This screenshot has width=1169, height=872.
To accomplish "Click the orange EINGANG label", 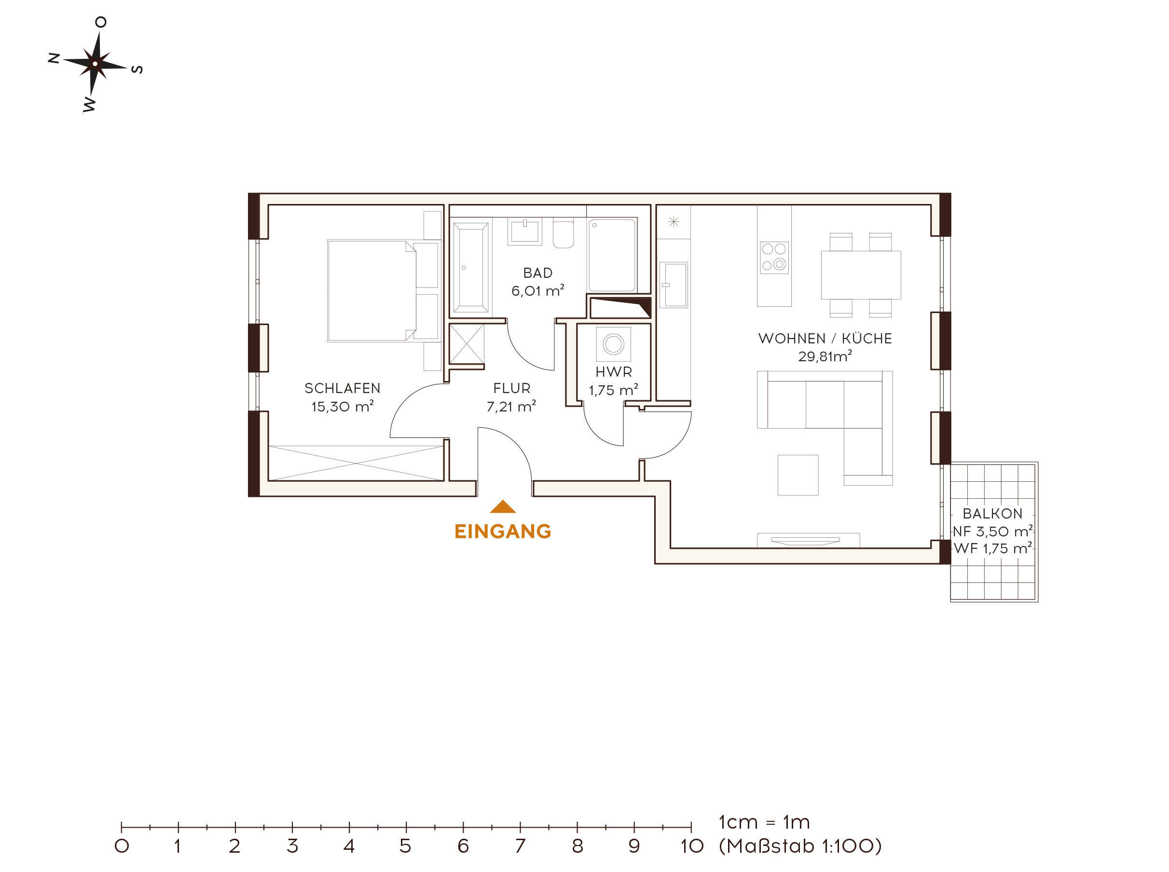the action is click(502, 531).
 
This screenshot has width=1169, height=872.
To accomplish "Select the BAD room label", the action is click(537, 273).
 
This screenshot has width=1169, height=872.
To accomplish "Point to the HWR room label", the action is click(614, 371).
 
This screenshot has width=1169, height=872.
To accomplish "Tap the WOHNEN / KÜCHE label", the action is click(825, 339).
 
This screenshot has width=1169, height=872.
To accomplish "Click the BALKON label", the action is click(992, 513).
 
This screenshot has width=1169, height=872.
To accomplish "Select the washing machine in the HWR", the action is click(614, 344).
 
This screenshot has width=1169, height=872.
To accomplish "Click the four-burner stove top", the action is click(774, 258).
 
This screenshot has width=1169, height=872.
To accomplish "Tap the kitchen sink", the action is click(674, 285).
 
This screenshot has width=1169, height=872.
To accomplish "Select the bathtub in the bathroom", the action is click(471, 268).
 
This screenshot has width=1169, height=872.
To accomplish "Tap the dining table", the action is click(861, 275).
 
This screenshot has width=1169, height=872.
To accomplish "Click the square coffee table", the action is click(798, 475).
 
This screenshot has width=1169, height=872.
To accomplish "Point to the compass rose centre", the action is click(95, 64).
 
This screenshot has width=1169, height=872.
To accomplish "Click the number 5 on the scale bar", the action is click(405, 846).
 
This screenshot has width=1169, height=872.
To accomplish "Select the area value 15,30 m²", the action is click(342, 407).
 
